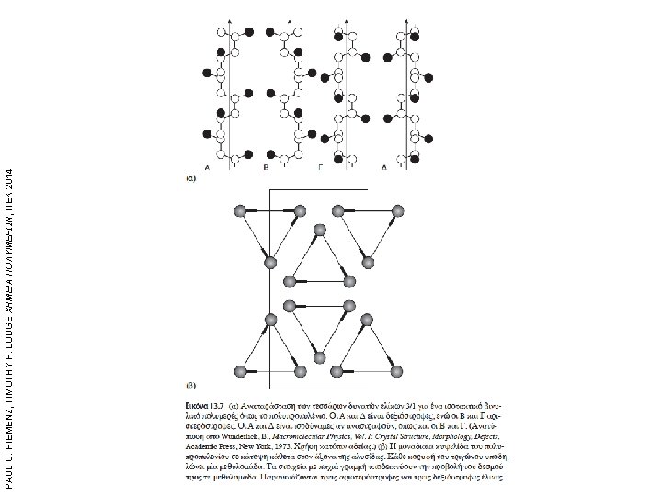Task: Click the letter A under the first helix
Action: click(207, 170)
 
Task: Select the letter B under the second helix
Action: click(266, 170)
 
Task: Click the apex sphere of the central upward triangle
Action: click(319, 230)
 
